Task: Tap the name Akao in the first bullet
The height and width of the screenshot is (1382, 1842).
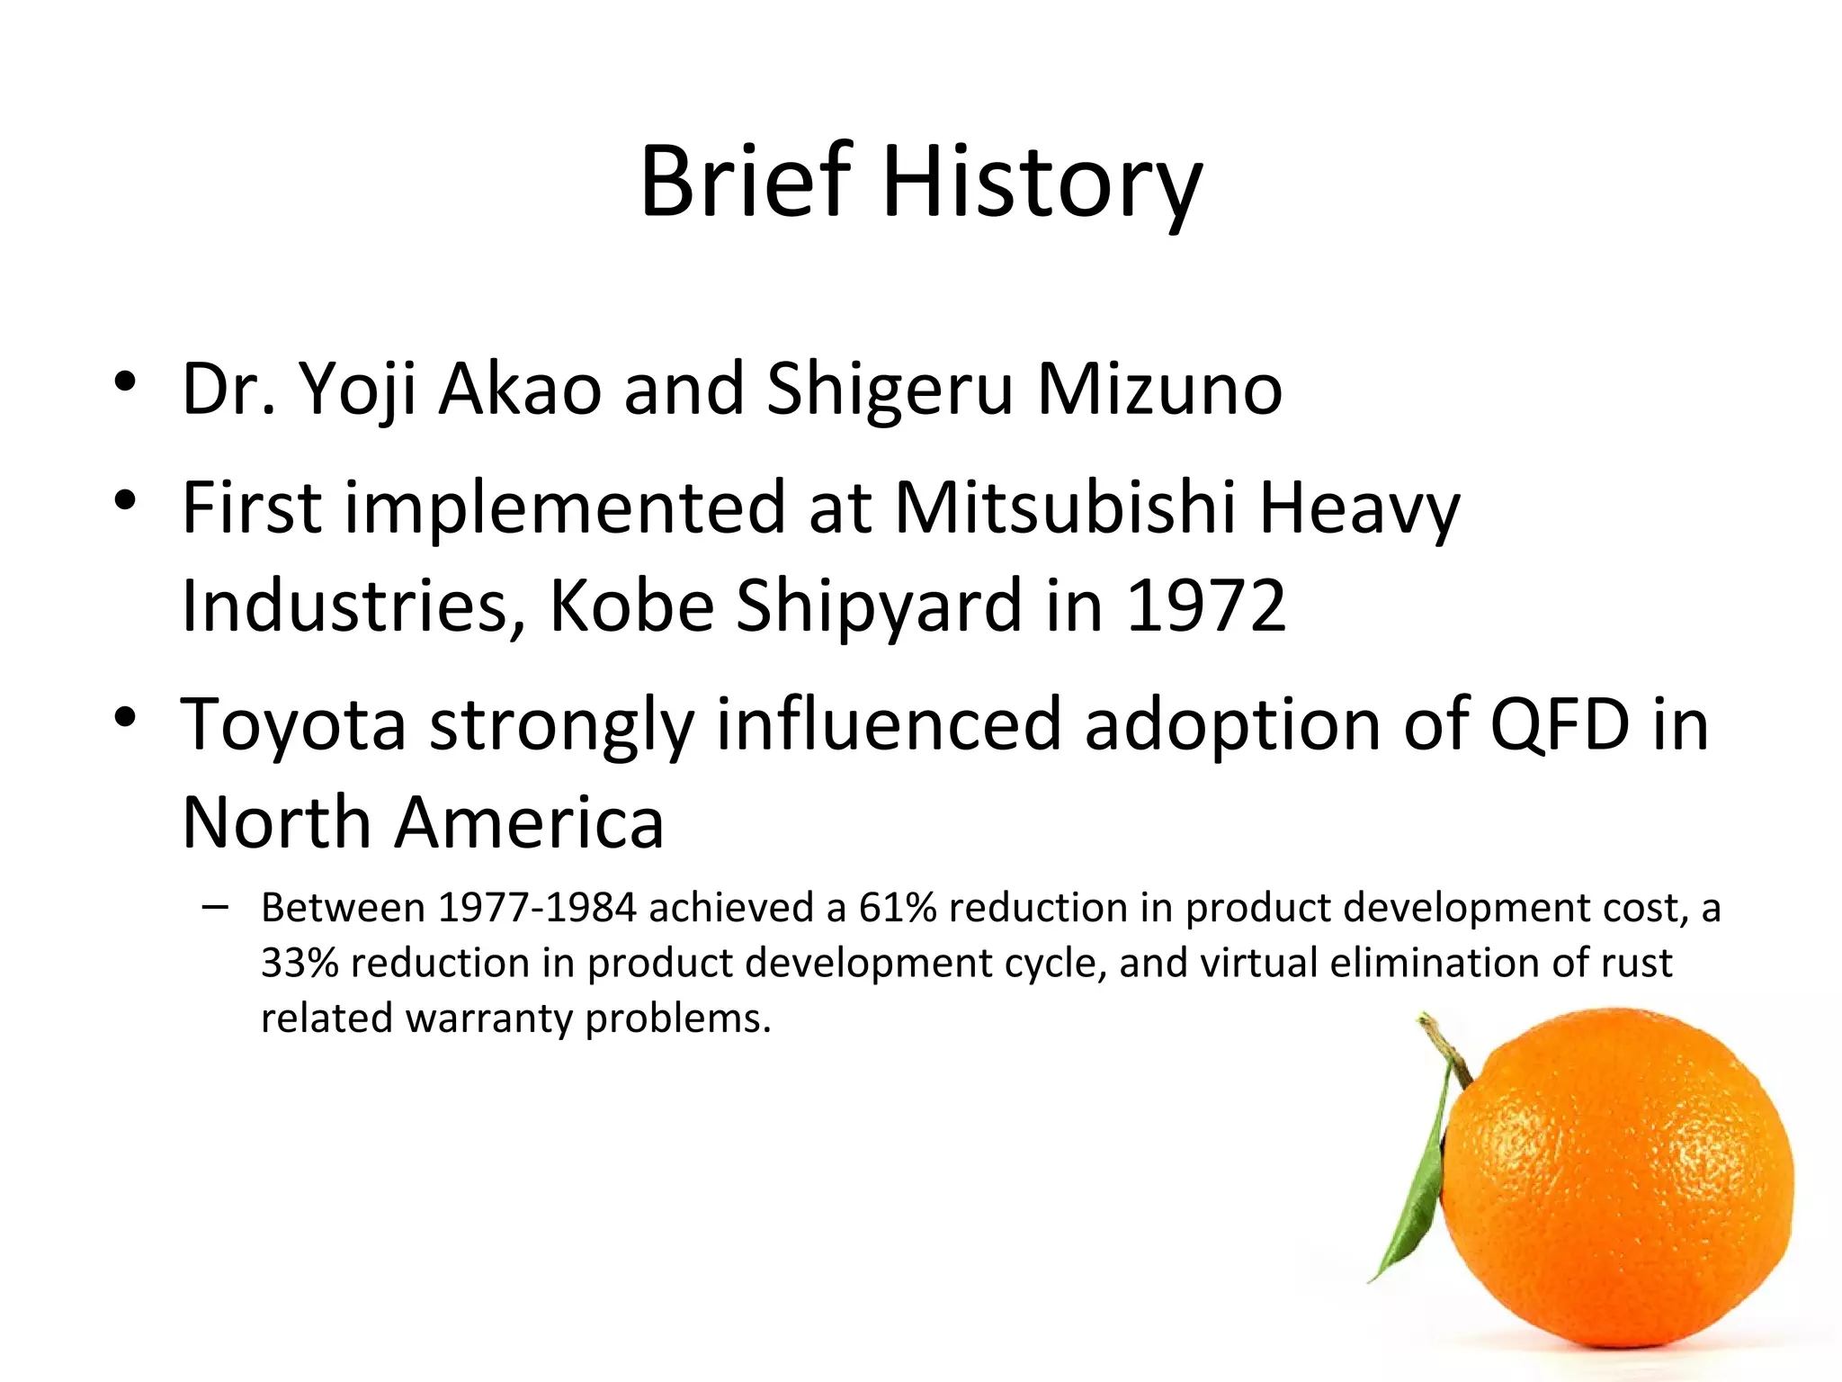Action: [x=519, y=390]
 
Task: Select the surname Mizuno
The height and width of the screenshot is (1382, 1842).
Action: [x=1159, y=390]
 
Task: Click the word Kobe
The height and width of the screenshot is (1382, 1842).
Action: [x=631, y=606]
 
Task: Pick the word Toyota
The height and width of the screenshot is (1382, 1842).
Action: [x=293, y=724]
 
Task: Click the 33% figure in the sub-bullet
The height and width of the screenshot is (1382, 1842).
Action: [x=300, y=963]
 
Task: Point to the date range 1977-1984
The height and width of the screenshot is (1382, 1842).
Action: [x=537, y=908]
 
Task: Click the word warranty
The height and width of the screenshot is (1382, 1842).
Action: [x=488, y=1019]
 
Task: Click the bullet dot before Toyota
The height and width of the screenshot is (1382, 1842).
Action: [x=125, y=717]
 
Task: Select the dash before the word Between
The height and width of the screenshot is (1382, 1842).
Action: [x=215, y=907]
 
